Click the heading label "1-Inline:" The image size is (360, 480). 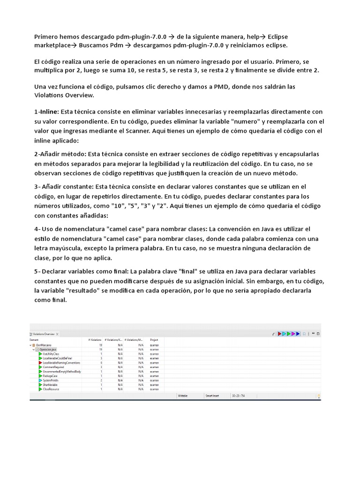pos(47,112)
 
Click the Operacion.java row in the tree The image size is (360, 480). pos(48,349)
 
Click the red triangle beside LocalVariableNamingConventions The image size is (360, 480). pos(40,362)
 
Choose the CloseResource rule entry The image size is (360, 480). pos(51,389)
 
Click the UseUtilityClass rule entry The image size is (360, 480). pos(52,353)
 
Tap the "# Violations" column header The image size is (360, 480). pos(95,339)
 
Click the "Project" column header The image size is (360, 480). pos(154,339)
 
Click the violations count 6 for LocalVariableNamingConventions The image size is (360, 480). pos(101,362)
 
